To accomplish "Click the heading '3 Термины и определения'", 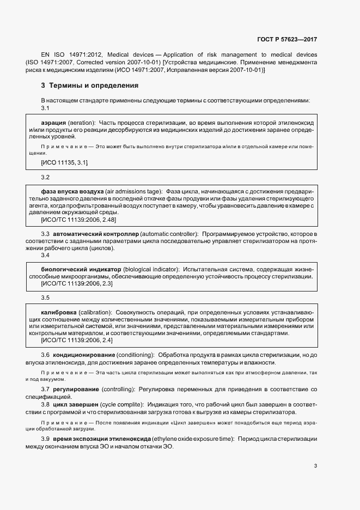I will [90, 86].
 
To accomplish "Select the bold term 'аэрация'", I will [54, 123].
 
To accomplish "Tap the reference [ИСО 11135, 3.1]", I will [64, 162].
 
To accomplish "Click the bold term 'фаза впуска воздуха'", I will [72, 192].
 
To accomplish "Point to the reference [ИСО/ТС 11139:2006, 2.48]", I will [78, 220].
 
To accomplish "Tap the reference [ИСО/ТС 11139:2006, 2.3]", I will [77, 283].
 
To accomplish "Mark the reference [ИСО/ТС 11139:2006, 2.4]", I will [77, 340].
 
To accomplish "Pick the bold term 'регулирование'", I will [76, 390].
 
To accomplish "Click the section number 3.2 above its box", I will [45, 178].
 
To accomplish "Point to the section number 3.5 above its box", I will [45, 297].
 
